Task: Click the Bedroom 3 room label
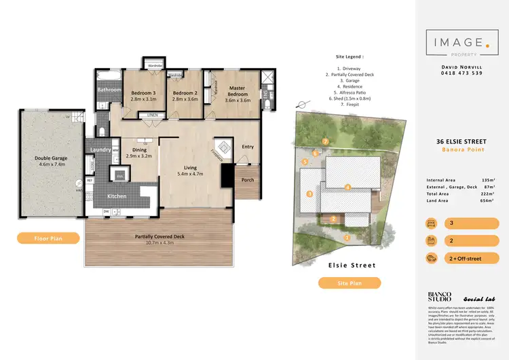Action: tap(144, 92)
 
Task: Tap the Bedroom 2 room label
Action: tap(185, 92)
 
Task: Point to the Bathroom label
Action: tap(109, 90)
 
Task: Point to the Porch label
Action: tap(247, 181)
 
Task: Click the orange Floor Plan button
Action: tap(44, 238)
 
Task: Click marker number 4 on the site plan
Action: tap(347, 187)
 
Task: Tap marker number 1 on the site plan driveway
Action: tap(348, 238)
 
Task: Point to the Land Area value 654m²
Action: tap(489, 200)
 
